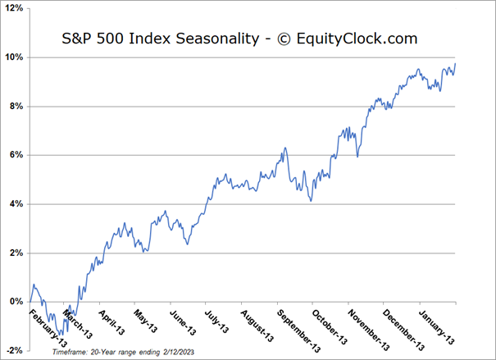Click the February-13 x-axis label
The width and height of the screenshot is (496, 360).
point(47,326)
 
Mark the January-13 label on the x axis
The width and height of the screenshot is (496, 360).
point(439,326)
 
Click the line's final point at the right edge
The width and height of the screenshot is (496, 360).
point(456,63)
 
